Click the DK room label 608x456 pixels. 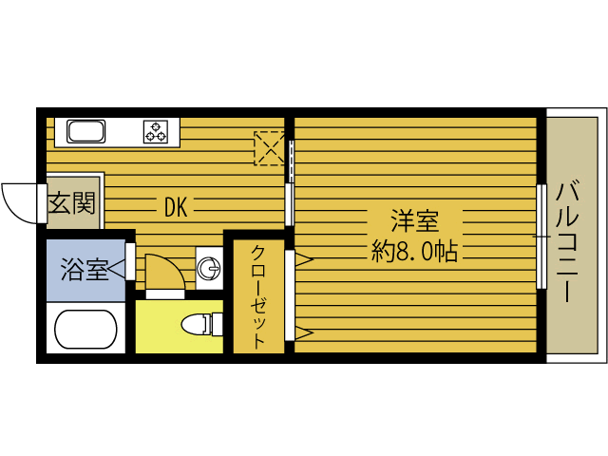point(175,206)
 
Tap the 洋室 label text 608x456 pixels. point(414,222)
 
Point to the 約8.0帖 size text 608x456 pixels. point(414,252)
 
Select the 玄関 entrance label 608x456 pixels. point(72,203)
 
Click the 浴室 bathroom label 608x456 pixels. point(84,270)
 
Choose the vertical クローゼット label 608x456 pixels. point(258,295)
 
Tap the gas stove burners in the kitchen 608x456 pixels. point(156,132)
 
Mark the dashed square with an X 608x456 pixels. point(269,148)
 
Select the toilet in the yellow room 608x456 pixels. point(197,325)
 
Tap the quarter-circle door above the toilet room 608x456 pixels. point(163,274)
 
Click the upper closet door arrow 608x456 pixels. point(302,257)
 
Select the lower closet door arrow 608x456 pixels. point(302,332)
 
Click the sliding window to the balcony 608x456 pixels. point(541,236)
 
